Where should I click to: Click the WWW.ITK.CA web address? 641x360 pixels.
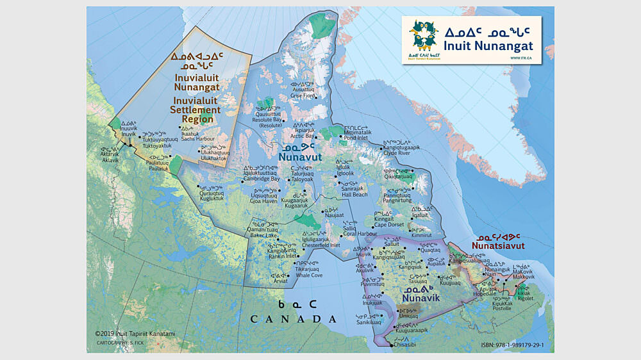(x=519, y=58)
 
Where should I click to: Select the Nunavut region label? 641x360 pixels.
(x=300, y=155)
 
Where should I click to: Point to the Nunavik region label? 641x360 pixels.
(x=420, y=297)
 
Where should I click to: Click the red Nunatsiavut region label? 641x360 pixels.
(x=498, y=245)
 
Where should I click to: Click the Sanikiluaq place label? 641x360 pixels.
(x=369, y=323)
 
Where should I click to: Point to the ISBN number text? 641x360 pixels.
(x=512, y=345)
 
